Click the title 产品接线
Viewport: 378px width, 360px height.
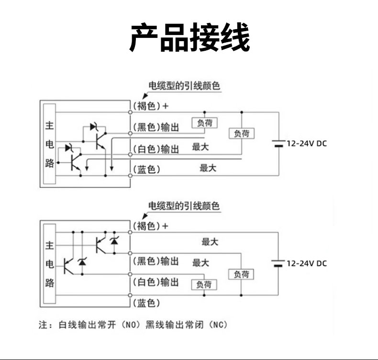coord(189,38)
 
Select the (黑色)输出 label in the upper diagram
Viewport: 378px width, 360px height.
coord(156,127)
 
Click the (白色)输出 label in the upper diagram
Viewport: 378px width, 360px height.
coord(156,149)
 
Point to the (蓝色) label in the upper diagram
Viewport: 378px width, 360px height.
coord(146,169)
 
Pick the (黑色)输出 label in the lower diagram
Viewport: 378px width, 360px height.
coord(156,261)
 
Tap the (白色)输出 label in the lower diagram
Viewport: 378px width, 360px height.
coord(156,282)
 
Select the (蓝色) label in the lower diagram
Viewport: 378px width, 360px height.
coord(146,303)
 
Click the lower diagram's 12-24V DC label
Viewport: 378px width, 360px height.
coord(306,263)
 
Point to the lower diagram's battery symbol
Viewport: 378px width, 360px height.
coord(278,263)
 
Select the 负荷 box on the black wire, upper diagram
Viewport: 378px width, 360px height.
coord(204,123)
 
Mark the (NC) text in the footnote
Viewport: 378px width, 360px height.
coord(218,325)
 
